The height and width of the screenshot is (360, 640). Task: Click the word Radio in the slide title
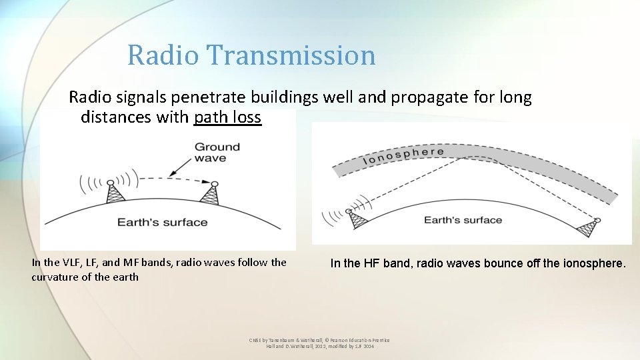coord(163,55)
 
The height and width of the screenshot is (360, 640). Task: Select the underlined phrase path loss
coord(227,118)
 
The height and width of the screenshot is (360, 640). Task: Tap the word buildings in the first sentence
coord(285,98)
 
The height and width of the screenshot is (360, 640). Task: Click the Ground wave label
coord(217,152)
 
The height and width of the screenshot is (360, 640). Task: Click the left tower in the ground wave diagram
coord(115,192)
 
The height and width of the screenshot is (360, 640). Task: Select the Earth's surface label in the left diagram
coord(162,222)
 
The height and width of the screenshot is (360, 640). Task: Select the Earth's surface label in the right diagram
coord(463,220)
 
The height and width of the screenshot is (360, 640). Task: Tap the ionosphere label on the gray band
coord(403,156)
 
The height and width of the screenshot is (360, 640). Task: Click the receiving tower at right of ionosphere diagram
coord(589,227)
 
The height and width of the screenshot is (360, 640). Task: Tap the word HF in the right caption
coord(371,263)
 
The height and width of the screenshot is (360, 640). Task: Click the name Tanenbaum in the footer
coord(283,340)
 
